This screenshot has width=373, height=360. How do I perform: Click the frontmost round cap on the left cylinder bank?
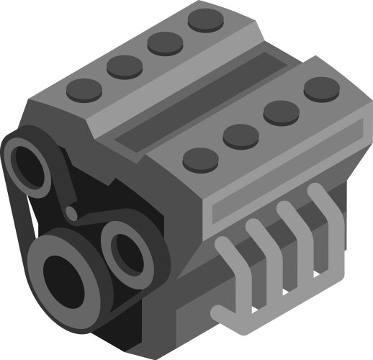click(x=85, y=89)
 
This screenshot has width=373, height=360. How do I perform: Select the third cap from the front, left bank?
click(x=166, y=42)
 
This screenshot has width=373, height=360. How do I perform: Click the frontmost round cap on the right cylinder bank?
click(x=201, y=159)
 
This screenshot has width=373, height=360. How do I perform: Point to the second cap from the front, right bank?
click(x=241, y=136)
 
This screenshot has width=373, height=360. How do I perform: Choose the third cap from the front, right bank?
click(x=281, y=112)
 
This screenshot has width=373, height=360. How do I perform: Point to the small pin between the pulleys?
click(x=71, y=212)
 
